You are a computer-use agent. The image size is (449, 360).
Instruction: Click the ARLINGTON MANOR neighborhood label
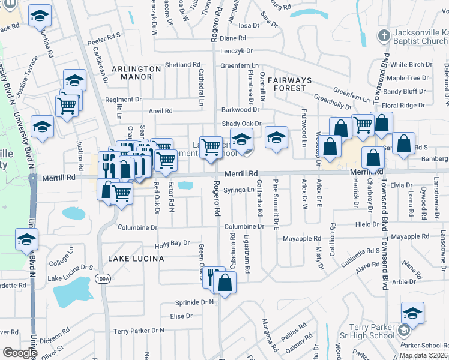[136, 73]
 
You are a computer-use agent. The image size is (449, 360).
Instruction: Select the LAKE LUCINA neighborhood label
[136, 258]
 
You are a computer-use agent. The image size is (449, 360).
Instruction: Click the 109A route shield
[103, 278]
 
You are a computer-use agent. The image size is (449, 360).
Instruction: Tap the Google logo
[20, 353]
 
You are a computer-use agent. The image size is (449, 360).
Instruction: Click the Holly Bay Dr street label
[172, 244]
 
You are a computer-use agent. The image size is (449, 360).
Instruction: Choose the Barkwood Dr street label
[240, 110]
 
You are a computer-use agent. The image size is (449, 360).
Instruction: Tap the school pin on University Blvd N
[26, 239]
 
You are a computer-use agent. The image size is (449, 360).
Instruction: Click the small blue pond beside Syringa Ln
[185, 186]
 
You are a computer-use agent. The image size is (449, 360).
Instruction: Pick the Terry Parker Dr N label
[139, 331]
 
